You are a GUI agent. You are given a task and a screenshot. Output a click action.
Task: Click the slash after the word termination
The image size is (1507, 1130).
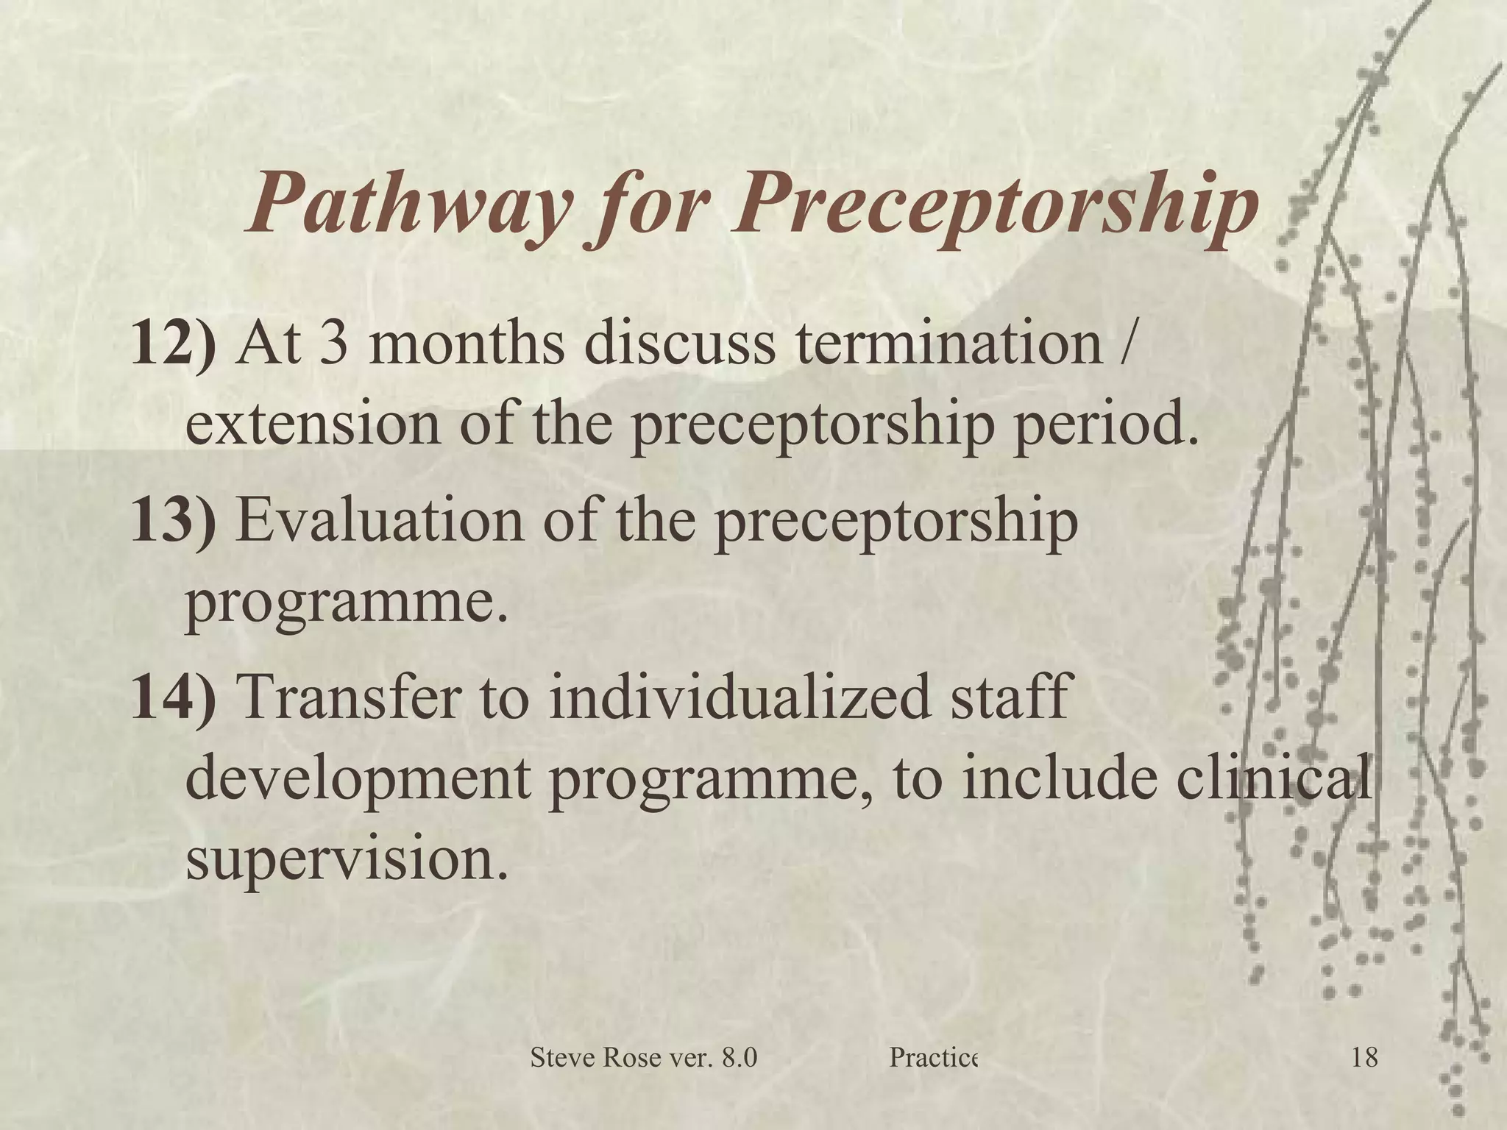coord(1119,343)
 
